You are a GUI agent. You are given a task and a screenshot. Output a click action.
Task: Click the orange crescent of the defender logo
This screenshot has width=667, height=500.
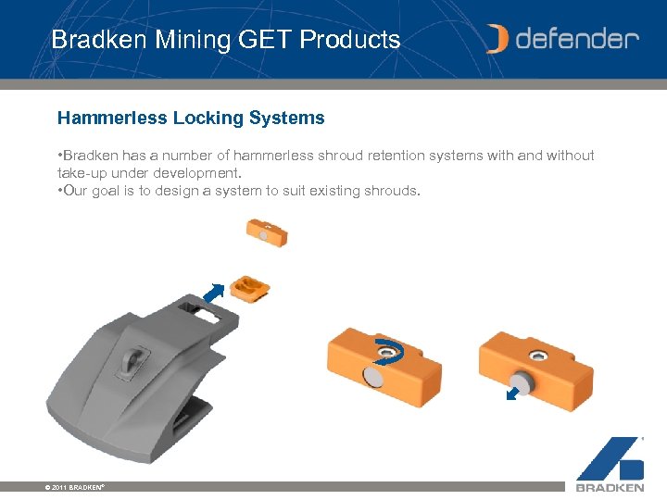[x=498, y=39]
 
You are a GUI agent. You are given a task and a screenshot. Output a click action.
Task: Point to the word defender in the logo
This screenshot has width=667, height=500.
[x=577, y=39]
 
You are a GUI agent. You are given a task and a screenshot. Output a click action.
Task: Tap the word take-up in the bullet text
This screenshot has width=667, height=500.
[x=83, y=173]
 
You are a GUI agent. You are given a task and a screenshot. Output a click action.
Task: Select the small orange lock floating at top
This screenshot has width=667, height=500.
[x=266, y=231]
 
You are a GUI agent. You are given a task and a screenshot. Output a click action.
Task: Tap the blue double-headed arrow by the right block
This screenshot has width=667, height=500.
[x=513, y=394]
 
